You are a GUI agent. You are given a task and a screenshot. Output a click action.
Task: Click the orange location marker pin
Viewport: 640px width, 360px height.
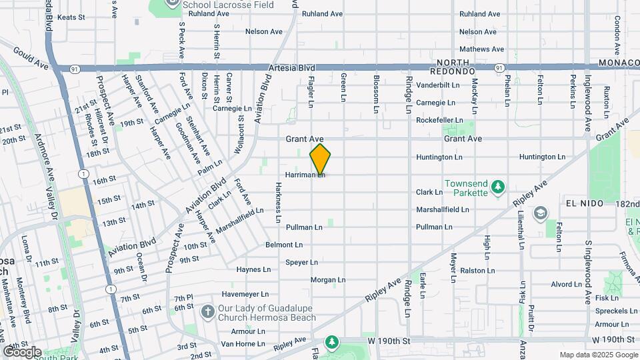pos(320,159)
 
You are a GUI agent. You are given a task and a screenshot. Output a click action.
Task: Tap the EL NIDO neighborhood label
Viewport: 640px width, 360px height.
pos(579,203)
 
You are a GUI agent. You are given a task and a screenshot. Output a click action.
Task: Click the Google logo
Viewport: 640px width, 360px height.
pos(22,352)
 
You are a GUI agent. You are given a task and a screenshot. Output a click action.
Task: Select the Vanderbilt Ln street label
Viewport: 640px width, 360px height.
pos(438,85)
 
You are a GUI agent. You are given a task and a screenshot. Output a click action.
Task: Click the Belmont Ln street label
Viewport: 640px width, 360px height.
pos(284,245)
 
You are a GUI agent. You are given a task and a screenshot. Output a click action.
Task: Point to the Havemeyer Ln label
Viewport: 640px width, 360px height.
pos(245,294)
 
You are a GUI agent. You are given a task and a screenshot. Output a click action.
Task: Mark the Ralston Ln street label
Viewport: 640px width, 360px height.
pos(477,271)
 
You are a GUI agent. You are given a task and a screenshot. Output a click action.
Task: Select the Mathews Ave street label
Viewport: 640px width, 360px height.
pos(478,49)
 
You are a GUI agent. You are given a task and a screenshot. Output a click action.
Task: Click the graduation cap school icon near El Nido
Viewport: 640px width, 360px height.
pos(541,213)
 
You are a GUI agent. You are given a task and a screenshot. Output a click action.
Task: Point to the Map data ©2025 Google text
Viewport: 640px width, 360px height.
pos(598,355)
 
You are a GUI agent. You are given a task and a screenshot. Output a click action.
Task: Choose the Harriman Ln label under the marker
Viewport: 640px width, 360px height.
pos(304,175)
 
